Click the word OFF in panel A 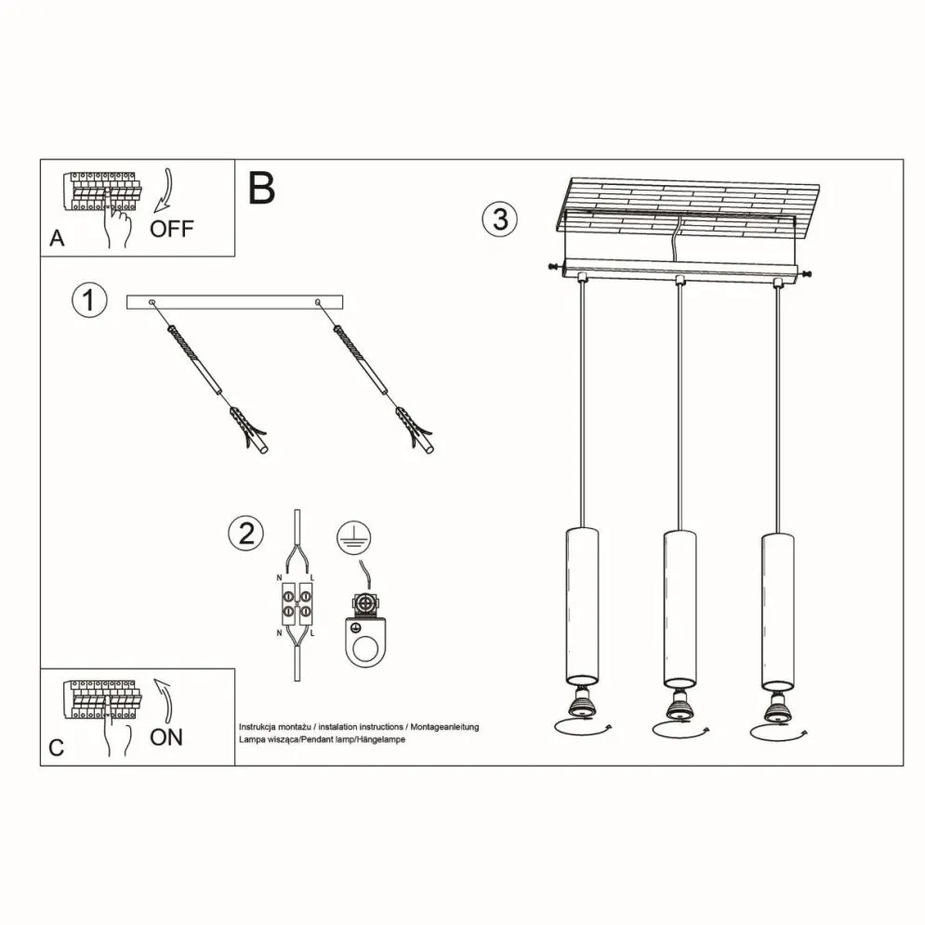[172, 229]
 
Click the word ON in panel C [166, 737]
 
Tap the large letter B [261, 189]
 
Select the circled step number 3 [499, 219]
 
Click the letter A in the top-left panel [58, 240]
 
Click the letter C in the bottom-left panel [57, 748]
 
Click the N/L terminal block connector [297, 604]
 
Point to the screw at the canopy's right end [805, 273]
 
